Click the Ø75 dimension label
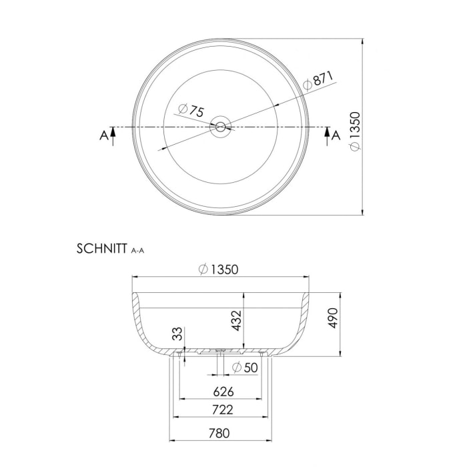click(191, 111)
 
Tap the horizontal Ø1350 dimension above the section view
click(219, 270)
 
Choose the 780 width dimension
click(219, 433)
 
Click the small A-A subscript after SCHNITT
click(138, 251)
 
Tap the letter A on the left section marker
click(103, 135)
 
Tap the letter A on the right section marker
click(336, 135)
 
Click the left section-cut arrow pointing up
click(113, 135)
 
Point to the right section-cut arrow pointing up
click(326, 135)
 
